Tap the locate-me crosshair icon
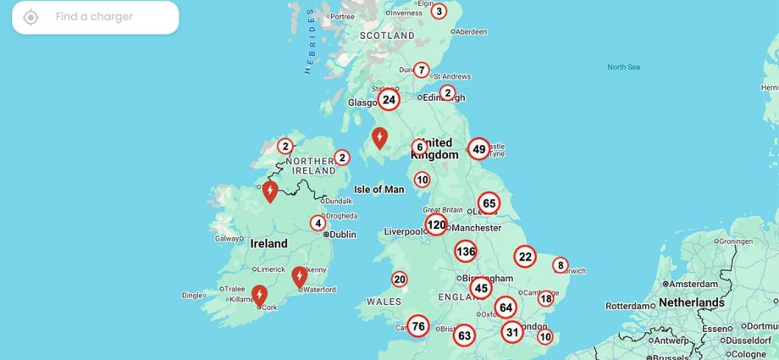[x=30, y=17]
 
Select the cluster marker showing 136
[x=465, y=251]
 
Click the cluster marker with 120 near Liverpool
[x=436, y=224]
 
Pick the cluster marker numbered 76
[x=417, y=326]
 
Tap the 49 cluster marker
[x=479, y=150]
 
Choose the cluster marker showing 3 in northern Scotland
[x=438, y=11]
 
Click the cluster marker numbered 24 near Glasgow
[x=389, y=100]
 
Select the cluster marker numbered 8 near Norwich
[x=560, y=265]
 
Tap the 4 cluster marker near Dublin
[x=318, y=224]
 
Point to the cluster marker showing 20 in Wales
[x=400, y=280]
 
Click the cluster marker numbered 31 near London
[x=511, y=332]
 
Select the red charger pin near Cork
[x=260, y=295]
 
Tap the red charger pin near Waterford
[x=299, y=276]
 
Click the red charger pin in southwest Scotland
[x=380, y=136]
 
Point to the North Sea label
[x=623, y=67]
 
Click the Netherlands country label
[x=691, y=302]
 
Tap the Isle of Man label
[x=378, y=189]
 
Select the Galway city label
[x=229, y=239]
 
